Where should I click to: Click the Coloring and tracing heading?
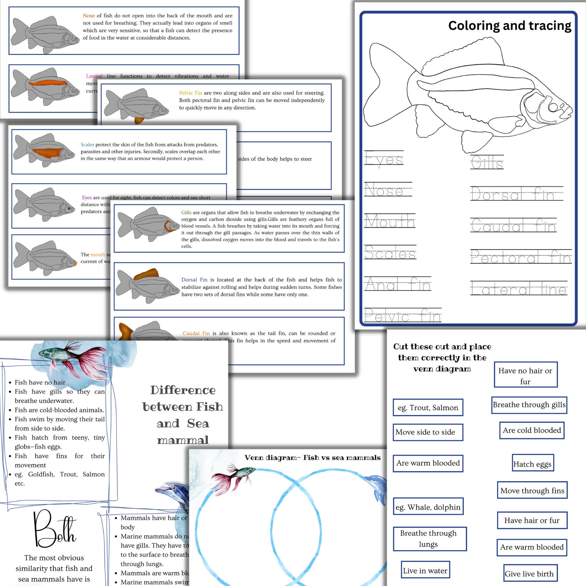(509, 26)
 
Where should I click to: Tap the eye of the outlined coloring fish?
(553, 107)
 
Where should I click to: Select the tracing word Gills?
(487, 163)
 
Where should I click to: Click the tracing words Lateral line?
(518, 289)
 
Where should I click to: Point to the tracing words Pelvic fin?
(403, 316)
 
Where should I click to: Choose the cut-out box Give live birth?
(529, 573)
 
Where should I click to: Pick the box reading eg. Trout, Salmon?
(428, 407)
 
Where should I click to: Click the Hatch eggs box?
(532, 464)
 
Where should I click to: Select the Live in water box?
(425, 571)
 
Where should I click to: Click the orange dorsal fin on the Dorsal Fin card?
(146, 275)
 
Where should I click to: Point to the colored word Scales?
(87, 145)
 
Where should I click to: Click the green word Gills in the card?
(186, 213)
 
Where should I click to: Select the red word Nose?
(89, 15)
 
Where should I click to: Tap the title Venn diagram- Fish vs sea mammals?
(312, 458)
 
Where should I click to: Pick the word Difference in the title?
(183, 390)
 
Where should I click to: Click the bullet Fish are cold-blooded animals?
(59, 410)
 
